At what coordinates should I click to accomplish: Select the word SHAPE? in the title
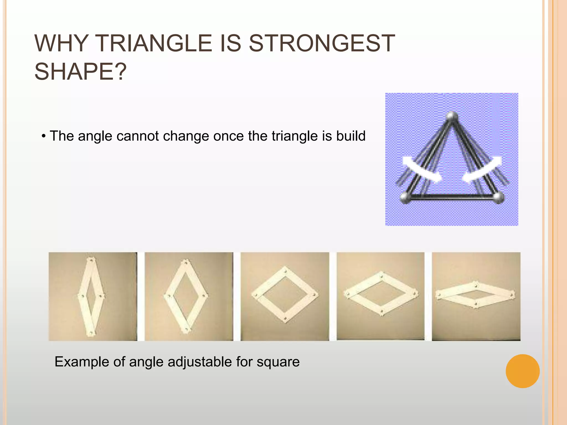(x=80, y=72)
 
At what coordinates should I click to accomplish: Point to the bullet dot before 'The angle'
(x=43, y=136)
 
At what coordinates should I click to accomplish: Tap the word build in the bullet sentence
(x=351, y=136)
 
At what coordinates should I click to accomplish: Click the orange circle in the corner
(x=522, y=371)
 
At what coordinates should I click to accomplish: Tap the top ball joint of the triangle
(x=452, y=116)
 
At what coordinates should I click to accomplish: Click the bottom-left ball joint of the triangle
(x=406, y=198)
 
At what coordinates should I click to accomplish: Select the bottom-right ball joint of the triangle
(x=498, y=198)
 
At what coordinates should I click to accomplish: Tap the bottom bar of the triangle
(x=452, y=197)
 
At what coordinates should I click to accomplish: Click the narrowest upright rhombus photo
(x=93, y=296)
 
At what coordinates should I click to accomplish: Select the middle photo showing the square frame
(x=285, y=296)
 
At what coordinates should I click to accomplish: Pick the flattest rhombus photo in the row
(x=476, y=296)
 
